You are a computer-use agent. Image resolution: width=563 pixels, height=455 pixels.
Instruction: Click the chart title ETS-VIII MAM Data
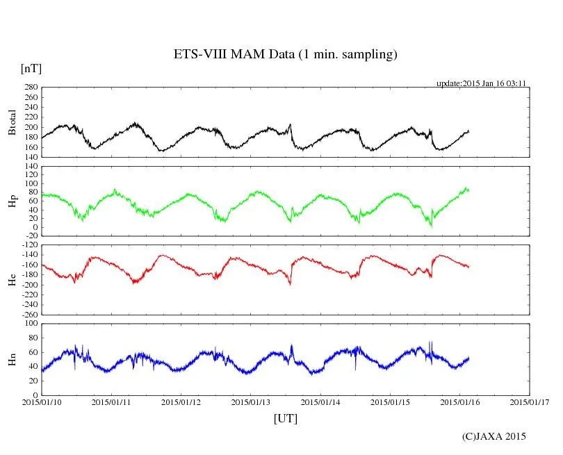point(285,55)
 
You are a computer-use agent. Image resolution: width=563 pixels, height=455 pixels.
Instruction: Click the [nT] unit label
point(31,69)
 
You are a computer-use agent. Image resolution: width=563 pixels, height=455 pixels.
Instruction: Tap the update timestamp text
point(480,83)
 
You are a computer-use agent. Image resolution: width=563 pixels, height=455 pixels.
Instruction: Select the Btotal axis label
point(13,122)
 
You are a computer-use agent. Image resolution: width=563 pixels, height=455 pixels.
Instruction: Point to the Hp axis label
point(13,201)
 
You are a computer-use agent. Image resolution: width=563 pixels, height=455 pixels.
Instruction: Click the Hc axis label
point(13,279)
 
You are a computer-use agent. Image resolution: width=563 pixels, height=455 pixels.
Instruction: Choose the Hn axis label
point(13,359)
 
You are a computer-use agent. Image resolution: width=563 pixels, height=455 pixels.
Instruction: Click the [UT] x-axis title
point(286,418)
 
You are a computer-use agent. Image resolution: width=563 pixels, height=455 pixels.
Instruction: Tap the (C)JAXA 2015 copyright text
point(494,436)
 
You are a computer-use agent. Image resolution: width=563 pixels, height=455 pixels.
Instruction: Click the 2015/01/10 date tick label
point(41,402)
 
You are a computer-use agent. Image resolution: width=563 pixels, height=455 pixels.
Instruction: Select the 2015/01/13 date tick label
point(251,402)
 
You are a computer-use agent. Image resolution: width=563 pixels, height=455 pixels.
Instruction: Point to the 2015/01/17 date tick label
point(530,402)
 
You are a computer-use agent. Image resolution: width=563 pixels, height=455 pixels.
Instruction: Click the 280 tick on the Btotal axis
point(30,88)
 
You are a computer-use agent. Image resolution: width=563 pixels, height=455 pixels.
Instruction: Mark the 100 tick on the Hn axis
point(30,324)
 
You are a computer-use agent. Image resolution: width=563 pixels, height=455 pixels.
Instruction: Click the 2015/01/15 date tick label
point(391,402)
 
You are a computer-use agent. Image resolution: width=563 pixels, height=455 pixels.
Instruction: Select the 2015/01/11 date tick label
point(111,402)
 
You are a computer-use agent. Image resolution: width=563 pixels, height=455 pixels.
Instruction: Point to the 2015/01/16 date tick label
point(460,402)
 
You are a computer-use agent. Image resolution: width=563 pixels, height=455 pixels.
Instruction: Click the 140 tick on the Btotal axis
point(30,157)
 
